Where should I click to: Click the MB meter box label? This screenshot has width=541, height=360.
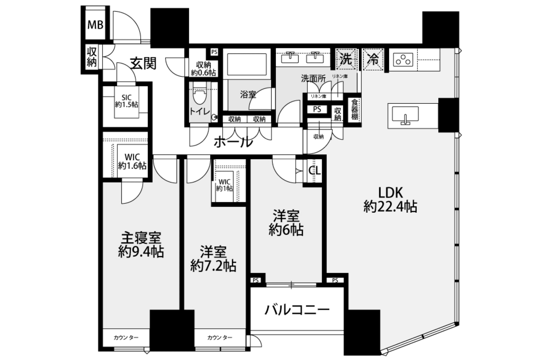[x=95, y=25]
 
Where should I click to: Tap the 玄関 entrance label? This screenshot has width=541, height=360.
[x=143, y=63]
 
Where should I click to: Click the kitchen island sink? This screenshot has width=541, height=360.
[x=405, y=115]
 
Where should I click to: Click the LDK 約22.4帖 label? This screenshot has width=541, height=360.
[x=390, y=200]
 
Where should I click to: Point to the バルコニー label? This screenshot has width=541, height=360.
[x=297, y=310]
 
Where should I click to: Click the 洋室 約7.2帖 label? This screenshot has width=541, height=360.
[x=213, y=259]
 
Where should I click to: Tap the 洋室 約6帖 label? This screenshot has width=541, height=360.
[x=286, y=223]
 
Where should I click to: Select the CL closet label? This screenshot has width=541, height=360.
[x=315, y=170]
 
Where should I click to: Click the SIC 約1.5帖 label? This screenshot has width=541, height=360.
[x=126, y=101]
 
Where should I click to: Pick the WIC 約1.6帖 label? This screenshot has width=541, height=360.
[x=132, y=161]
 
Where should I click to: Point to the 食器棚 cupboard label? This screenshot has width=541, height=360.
[x=355, y=109]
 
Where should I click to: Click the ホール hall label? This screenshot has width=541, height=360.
[x=233, y=142]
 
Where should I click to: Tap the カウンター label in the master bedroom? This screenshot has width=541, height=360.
[x=126, y=337]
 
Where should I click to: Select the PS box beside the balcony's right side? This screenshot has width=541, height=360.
[x=335, y=280]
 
